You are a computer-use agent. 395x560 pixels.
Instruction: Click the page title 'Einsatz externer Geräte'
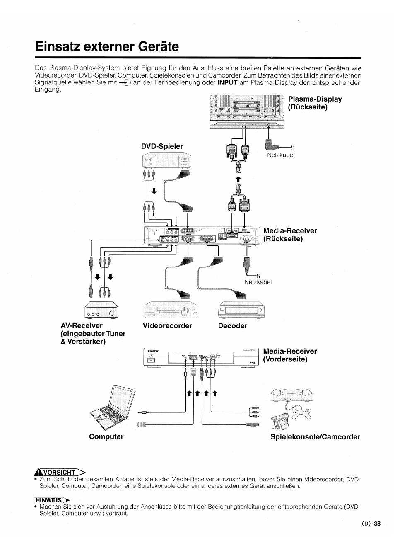click(107, 46)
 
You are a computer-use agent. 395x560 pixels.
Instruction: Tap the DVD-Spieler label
click(162, 146)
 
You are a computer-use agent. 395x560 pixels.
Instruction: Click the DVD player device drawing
click(167, 160)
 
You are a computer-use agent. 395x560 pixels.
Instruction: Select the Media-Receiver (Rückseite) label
click(290, 235)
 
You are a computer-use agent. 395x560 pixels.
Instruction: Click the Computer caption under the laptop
click(106, 437)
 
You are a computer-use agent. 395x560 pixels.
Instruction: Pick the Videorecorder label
click(167, 326)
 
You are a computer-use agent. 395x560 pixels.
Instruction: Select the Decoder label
click(232, 326)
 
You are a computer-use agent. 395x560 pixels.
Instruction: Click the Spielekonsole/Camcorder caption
click(315, 437)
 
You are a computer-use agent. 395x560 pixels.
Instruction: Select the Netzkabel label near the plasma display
click(280, 155)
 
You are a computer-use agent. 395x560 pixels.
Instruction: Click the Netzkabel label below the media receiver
click(258, 282)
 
